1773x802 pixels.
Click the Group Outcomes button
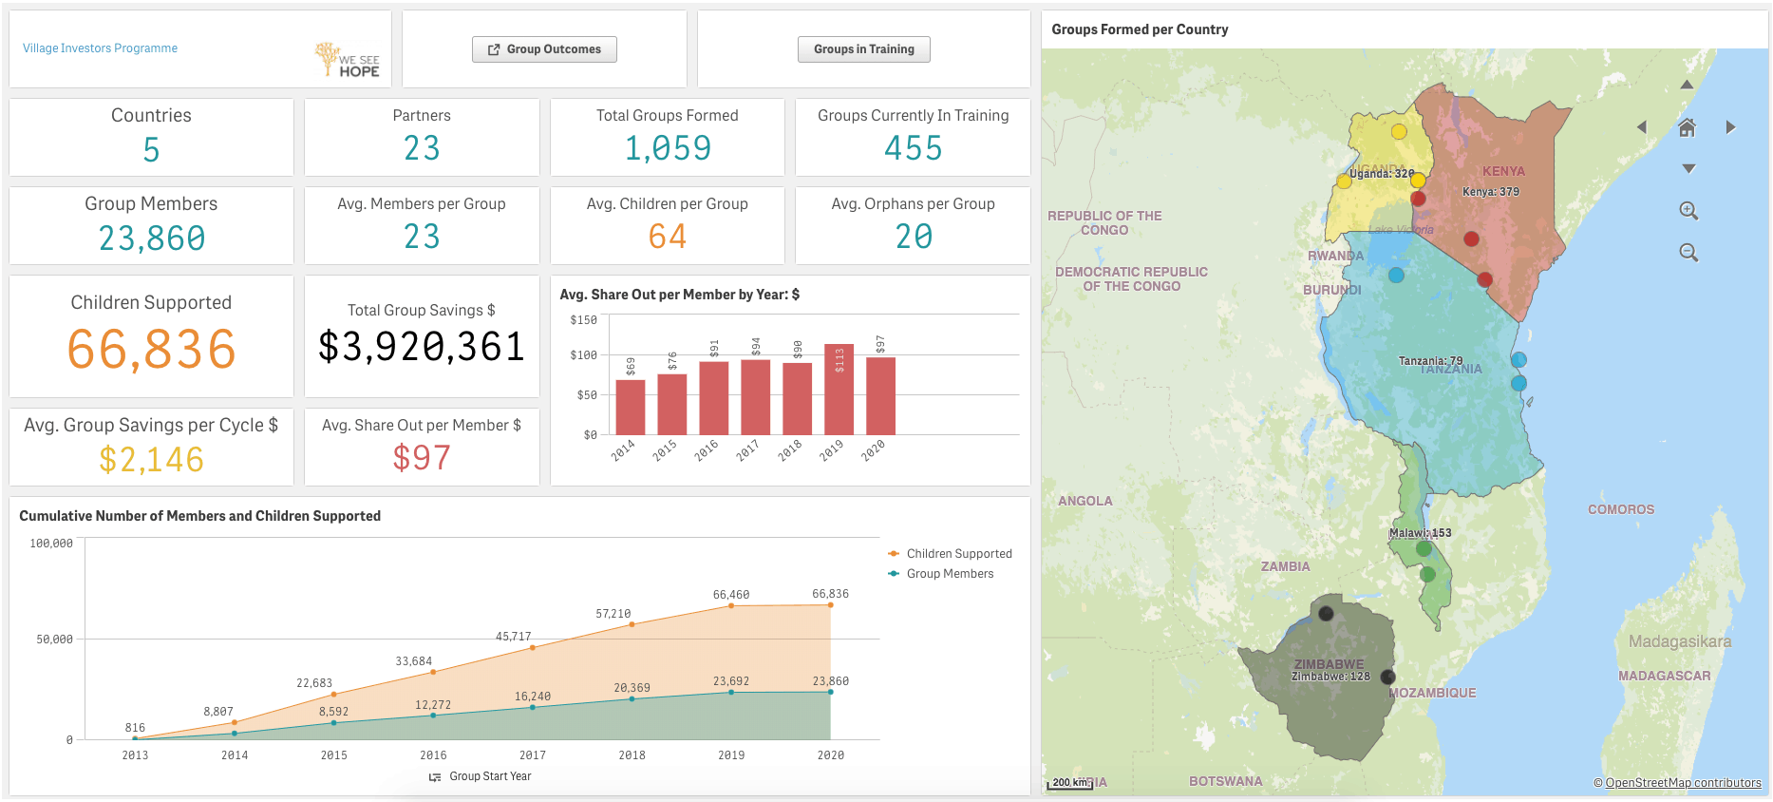tap(544, 49)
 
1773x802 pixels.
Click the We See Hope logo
tap(348, 60)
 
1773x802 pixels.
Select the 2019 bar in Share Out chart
tap(839, 390)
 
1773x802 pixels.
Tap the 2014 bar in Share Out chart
tap(630, 407)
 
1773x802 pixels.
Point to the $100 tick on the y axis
tap(583, 355)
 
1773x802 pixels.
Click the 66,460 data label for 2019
tap(731, 595)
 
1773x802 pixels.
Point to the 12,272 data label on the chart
tap(433, 705)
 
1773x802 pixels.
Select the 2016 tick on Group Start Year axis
tap(433, 755)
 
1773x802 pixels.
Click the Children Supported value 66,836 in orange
tap(151, 350)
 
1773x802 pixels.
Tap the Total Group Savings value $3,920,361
tap(422, 347)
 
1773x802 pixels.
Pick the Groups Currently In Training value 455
tap(913, 148)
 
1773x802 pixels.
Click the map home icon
tap(1687, 127)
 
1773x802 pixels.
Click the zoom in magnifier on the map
tap(1688, 211)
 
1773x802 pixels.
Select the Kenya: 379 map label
tap(1490, 192)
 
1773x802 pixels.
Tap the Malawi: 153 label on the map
tap(1420, 533)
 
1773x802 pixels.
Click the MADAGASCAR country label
tap(1664, 676)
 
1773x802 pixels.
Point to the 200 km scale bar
tap(1069, 783)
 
